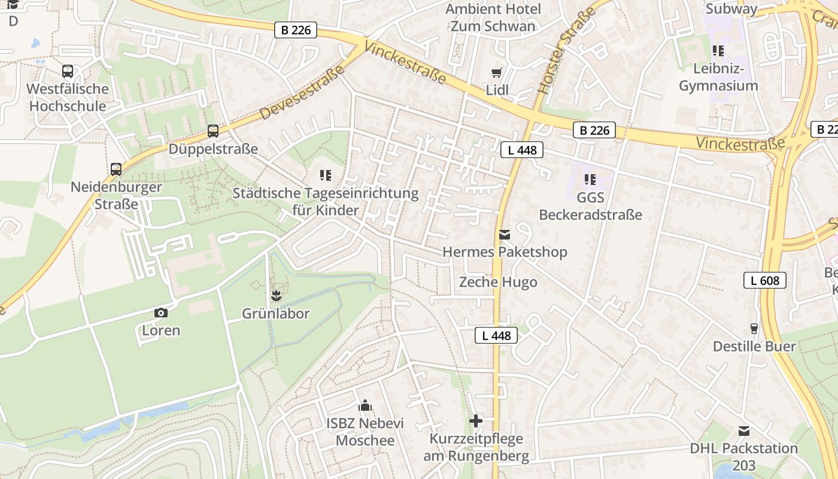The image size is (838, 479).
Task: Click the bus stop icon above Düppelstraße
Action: click(x=212, y=131)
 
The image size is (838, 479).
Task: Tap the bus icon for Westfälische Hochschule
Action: click(x=68, y=71)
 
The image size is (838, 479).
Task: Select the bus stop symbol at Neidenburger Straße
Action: click(x=116, y=169)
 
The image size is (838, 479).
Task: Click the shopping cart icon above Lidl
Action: click(x=496, y=73)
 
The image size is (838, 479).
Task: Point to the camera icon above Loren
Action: click(x=160, y=313)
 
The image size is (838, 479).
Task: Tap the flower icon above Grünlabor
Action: click(x=275, y=295)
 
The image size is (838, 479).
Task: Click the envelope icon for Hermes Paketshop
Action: click(x=505, y=235)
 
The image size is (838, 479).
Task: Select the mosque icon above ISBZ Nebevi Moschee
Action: click(x=365, y=406)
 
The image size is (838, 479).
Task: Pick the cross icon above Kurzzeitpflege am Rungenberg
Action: click(x=476, y=421)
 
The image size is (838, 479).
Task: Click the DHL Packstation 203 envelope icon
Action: click(x=743, y=431)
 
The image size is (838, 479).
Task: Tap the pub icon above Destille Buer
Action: click(x=754, y=329)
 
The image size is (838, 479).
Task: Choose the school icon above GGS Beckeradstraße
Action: click(x=590, y=180)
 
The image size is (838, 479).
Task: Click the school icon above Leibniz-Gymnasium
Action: click(x=718, y=51)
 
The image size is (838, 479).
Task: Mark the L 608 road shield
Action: click(x=764, y=280)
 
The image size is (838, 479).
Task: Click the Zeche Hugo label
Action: click(x=498, y=282)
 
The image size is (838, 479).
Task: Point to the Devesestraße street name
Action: click(x=302, y=92)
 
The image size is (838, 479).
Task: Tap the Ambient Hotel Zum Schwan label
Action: click(x=493, y=17)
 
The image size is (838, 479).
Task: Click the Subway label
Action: click(x=731, y=8)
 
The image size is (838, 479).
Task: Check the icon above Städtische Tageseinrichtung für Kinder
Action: click(x=325, y=175)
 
